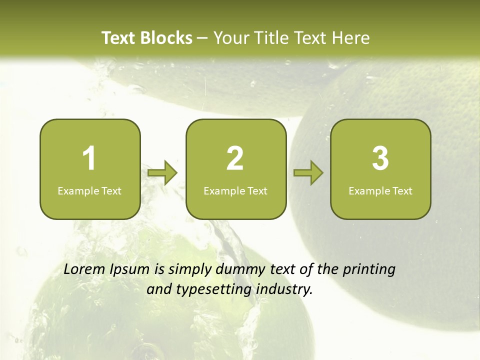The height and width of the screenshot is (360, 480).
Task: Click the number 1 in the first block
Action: [x=89, y=158]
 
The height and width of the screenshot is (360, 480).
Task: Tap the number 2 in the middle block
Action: [x=235, y=158]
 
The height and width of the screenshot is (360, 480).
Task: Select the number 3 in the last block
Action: [x=380, y=158]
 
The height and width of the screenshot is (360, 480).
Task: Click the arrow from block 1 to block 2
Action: [x=162, y=173]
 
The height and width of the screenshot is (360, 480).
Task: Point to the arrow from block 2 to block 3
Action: [x=308, y=173]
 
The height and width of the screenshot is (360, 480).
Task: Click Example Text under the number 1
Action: [x=89, y=191]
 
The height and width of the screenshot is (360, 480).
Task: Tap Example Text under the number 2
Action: [x=235, y=191]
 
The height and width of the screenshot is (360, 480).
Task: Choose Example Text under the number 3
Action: [x=380, y=191]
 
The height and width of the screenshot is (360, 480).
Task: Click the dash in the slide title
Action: [x=202, y=38]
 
